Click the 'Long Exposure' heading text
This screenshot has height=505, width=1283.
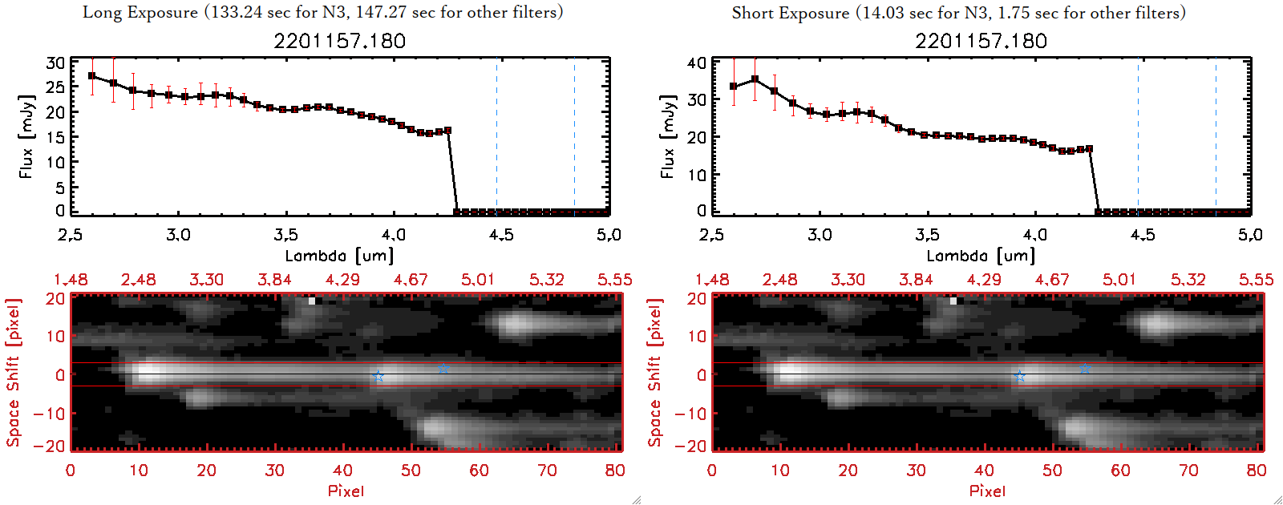[x=140, y=12]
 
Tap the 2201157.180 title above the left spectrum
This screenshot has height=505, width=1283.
[x=339, y=41]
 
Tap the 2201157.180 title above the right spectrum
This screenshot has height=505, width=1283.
[x=981, y=41]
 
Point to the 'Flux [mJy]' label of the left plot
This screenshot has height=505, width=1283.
[x=26, y=136]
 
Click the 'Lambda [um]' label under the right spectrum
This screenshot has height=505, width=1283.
[x=981, y=256]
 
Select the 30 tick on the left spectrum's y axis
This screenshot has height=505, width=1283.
[x=55, y=63]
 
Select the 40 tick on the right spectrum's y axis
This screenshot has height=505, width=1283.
[x=697, y=63]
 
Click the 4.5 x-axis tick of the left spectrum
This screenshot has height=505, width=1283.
[x=501, y=235]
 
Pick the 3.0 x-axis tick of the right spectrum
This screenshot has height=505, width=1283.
[x=820, y=235]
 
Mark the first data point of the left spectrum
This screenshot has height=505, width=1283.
[x=92, y=76]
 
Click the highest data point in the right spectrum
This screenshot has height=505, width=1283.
[x=755, y=79]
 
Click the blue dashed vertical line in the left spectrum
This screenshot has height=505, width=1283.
[x=574, y=136]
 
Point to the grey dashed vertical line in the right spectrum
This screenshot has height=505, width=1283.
[x=1138, y=136]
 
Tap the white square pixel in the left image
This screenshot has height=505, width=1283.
[x=312, y=301]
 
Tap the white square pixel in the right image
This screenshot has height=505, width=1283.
[x=953, y=301]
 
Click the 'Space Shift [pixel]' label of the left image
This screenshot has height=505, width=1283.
[x=13, y=373]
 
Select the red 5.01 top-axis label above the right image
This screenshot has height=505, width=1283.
[x=1119, y=280]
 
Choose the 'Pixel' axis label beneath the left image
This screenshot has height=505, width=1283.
[x=346, y=491]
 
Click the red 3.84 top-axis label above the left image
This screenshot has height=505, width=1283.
[x=274, y=280]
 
